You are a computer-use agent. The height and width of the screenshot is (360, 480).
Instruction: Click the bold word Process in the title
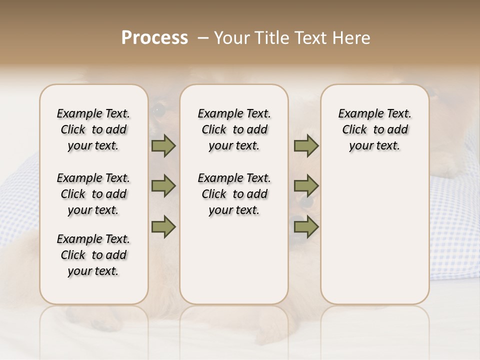point(154,38)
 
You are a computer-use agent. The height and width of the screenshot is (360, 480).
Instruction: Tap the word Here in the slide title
point(352,38)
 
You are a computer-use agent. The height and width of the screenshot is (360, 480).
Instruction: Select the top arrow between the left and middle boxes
point(163,146)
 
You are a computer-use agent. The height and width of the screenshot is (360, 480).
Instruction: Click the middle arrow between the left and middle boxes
point(163,186)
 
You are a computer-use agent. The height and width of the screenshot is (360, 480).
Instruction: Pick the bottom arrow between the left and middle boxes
point(163,226)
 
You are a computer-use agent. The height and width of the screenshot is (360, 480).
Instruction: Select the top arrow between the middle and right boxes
point(306,146)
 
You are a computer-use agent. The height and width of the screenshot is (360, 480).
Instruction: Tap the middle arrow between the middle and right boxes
point(306,186)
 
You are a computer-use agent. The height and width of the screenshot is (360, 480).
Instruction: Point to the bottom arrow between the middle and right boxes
point(306,226)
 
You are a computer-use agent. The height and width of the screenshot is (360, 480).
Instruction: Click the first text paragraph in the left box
point(93,129)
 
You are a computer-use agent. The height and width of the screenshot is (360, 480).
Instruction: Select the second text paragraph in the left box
point(93,194)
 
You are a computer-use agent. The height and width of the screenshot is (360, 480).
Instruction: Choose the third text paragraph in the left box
point(93,255)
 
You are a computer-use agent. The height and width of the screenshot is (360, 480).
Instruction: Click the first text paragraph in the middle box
point(234,129)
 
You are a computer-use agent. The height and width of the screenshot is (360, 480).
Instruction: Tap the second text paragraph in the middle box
point(234,194)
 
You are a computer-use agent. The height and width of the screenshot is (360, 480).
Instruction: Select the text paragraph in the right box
point(374,129)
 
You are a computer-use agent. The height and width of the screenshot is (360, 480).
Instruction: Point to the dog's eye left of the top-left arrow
point(157,109)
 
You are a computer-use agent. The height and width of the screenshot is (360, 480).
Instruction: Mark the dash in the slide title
point(202,38)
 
